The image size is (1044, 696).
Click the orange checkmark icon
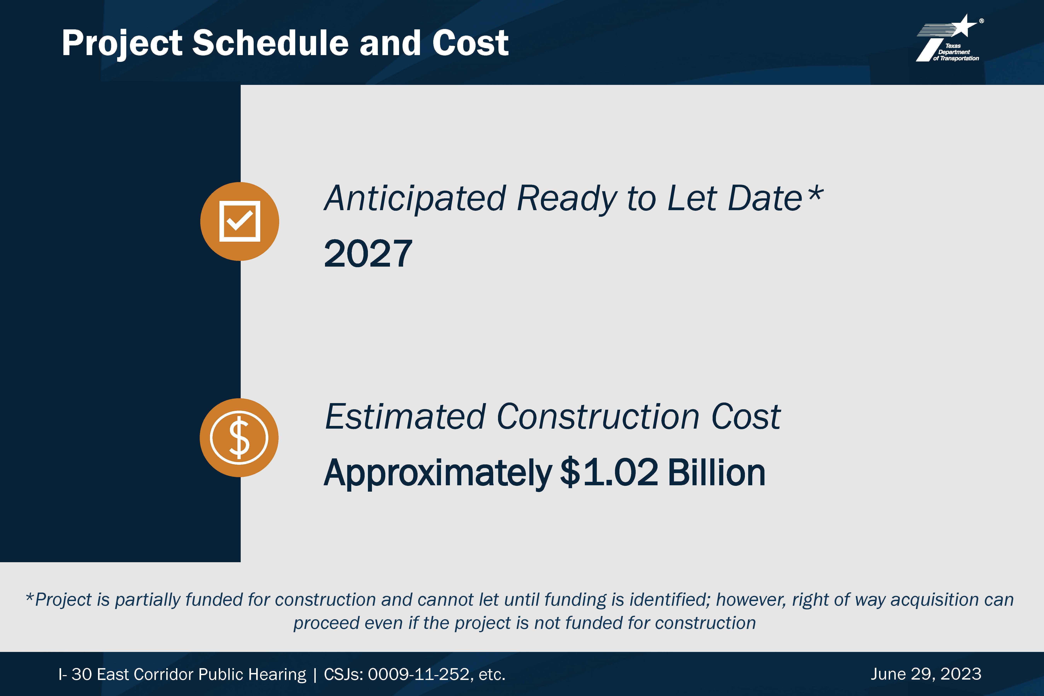click(x=240, y=221)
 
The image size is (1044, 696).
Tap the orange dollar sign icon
click(x=239, y=438)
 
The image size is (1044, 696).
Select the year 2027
click(x=368, y=253)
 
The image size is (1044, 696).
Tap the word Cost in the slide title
click(x=471, y=43)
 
